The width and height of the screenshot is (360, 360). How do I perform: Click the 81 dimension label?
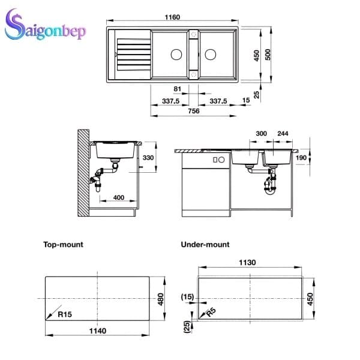click(176, 90)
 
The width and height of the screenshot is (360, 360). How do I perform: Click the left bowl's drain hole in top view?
click(176, 54)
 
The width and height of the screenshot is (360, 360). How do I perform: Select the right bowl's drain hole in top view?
click(210, 54)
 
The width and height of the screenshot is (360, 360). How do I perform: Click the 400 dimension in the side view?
click(118, 197)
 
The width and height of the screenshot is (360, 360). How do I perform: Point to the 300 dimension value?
click(244, 134)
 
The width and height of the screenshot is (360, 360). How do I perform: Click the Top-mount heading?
click(63, 245)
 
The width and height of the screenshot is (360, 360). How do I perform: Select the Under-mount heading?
click(205, 245)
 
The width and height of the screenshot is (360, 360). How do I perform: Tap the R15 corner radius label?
click(64, 313)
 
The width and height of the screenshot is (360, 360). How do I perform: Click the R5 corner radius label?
click(210, 311)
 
